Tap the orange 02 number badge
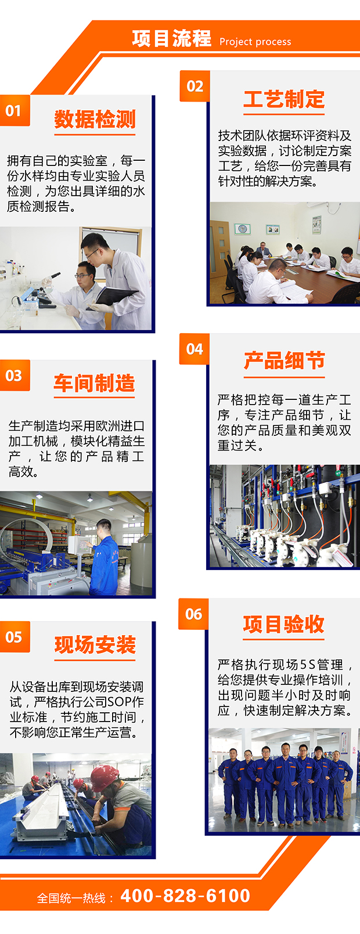[195, 86]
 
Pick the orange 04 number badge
[195, 349]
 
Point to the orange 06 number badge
[193, 614]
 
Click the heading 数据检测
[95, 119]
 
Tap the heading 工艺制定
[284, 99]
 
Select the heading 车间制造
[94, 383]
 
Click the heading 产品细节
[284, 360]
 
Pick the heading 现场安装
[95, 644]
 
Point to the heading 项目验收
[284, 624]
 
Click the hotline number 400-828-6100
[185, 895]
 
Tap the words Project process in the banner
[255, 42]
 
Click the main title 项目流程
[171, 38]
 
